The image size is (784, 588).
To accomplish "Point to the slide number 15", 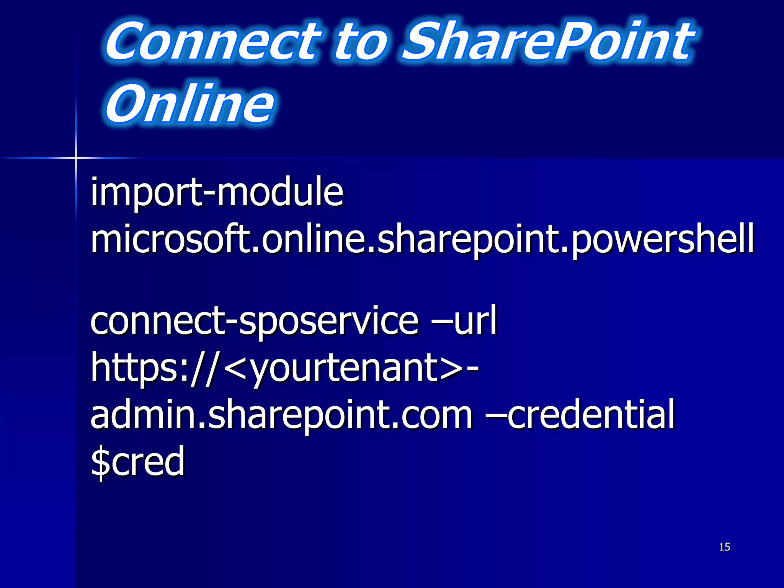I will (724, 547).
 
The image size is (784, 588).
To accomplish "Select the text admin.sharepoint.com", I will (281, 415).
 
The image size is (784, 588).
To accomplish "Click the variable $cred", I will (138, 462).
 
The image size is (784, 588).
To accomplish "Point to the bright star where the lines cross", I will (76, 158).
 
